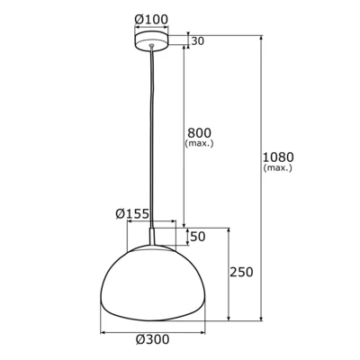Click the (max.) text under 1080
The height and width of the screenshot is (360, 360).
pos(278,168)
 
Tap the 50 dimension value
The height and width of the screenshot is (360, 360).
pos(198,236)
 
